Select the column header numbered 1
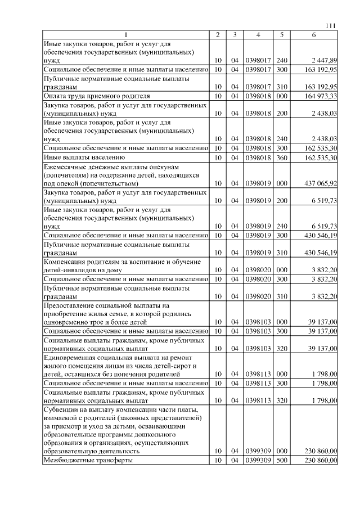click(x=126, y=35)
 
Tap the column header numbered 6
click(x=314, y=35)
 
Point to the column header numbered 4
click(x=258, y=35)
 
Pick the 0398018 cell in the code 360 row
click(x=258, y=157)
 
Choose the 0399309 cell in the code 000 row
click(x=258, y=451)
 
